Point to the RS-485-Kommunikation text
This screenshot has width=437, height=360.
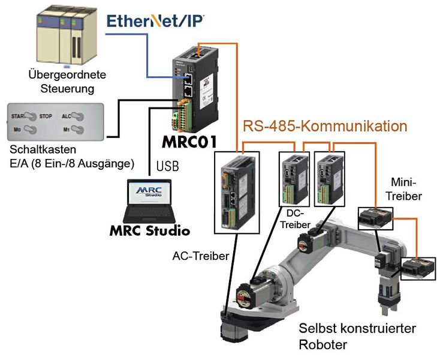(x=325, y=126)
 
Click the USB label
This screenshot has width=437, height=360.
(x=167, y=166)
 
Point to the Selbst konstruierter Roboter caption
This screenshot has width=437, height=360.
(x=357, y=336)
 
